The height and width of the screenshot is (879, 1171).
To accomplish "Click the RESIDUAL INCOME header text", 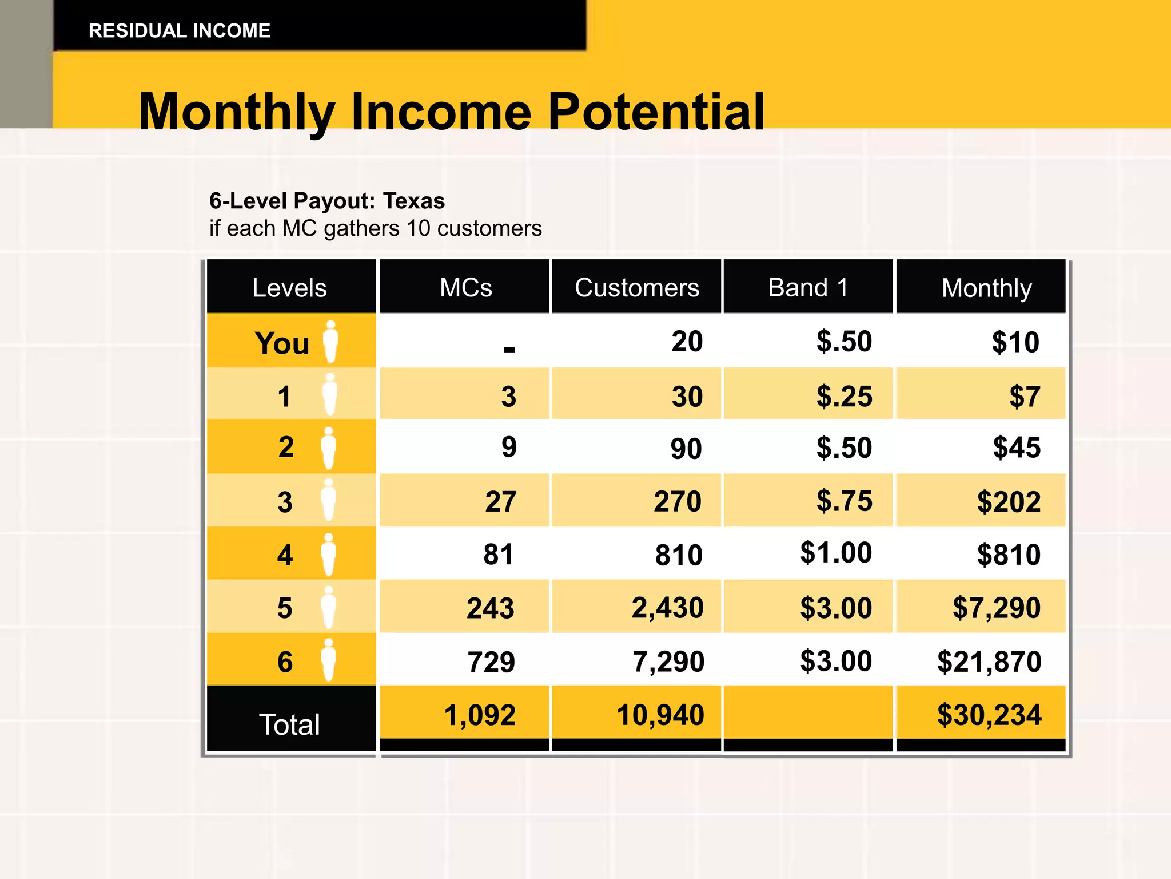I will (x=179, y=31).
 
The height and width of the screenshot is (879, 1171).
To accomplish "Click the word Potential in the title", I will (x=656, y=112).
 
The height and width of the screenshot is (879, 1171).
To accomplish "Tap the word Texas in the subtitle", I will (x=413, y=201).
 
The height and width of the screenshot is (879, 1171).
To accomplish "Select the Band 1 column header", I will (x=807, y=287).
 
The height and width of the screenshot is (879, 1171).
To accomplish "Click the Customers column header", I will (x=636, y=287).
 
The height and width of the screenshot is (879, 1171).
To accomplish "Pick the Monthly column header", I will (x=986, y=288).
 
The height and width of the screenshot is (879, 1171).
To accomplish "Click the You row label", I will (x=282, y=343).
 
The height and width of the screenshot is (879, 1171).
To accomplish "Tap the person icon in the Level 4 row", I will (x=328, y=554).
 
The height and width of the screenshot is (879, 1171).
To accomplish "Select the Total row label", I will (x=289, y=724).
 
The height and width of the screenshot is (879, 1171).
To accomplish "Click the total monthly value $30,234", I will (x=989, y=715).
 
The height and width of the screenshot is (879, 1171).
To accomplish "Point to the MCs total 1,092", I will (x=480, y=715).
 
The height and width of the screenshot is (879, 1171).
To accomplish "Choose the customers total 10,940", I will (x=660, y=715).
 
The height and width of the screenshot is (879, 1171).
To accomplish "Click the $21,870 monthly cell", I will (x=989, y=662).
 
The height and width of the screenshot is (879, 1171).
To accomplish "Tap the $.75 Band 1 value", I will (x=844, y=501).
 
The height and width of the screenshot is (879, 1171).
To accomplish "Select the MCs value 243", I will (x=490, y=608).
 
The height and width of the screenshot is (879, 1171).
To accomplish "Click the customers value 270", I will (x=677, y=501).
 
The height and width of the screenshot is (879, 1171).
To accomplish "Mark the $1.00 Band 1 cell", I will (x=835, y=553).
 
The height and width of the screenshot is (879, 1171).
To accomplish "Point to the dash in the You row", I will (x=509, y=349).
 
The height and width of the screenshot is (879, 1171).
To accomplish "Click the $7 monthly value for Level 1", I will (x=1024, y=396).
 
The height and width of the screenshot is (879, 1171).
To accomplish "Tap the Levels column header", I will (x=289, y=287).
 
